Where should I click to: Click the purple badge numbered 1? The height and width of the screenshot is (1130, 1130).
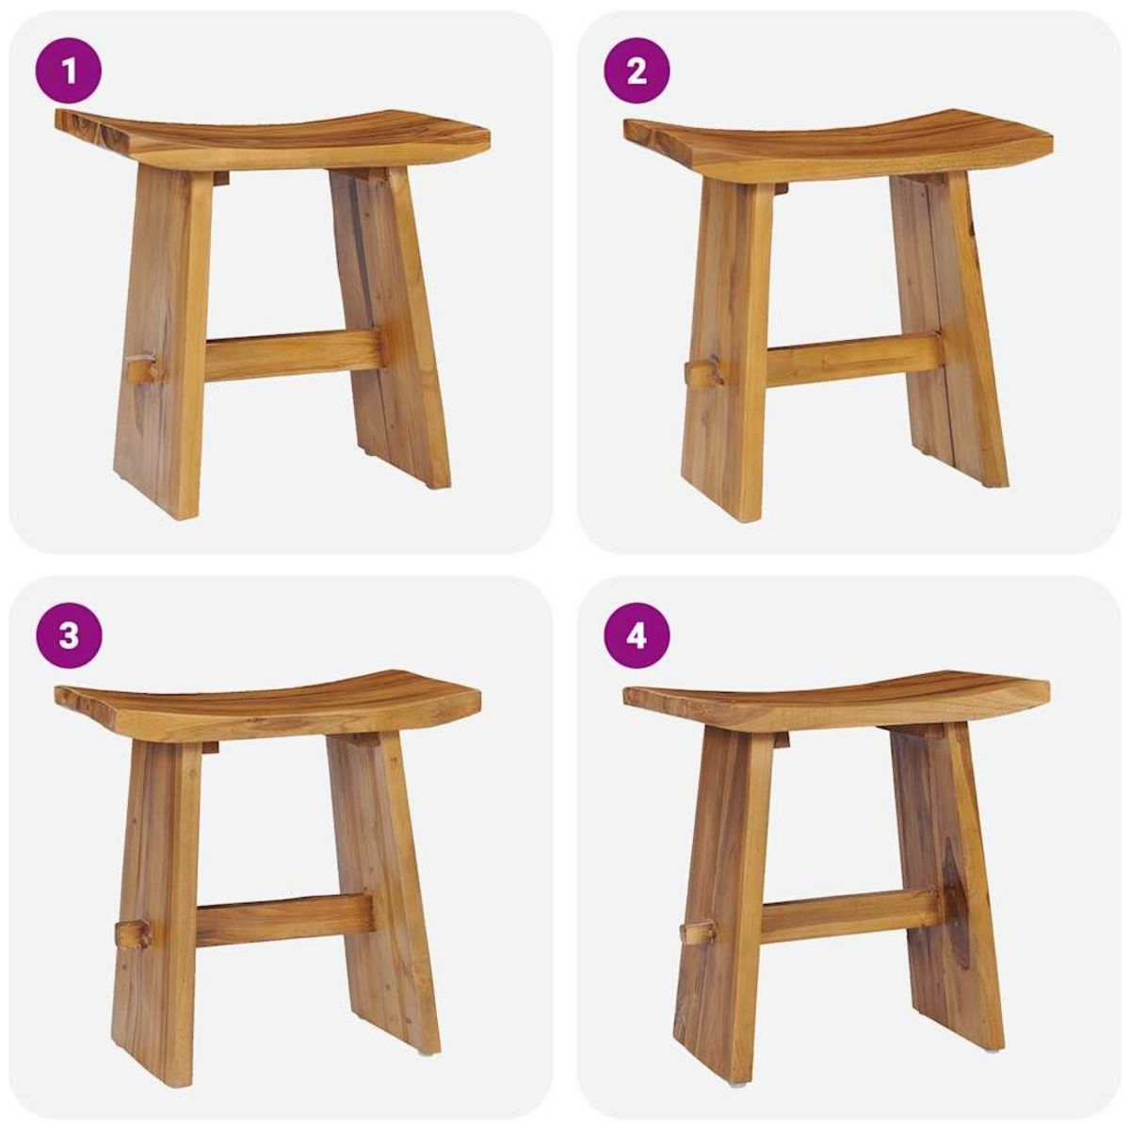click(67, 71)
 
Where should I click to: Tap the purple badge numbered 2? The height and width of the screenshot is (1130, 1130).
click(637, 71)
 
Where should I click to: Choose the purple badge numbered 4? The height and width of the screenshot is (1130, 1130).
click(637, 636)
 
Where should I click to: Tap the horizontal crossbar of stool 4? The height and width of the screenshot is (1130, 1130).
click(847, 916)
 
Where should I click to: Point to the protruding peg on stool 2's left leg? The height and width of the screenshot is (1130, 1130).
click(702, 375)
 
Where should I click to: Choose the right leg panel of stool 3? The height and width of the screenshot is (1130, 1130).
click(381, 895)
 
